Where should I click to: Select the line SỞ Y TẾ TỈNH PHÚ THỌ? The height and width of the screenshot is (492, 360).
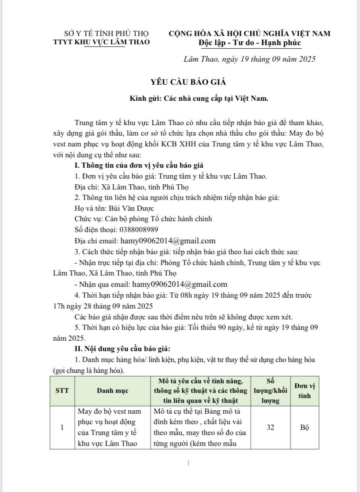(106, 33)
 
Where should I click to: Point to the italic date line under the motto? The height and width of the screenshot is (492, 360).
(249, 59)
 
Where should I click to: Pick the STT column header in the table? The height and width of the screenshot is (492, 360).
(62, 391)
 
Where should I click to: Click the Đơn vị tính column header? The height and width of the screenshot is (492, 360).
(304, 391)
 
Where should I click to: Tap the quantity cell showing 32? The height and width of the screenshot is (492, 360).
(270, 428)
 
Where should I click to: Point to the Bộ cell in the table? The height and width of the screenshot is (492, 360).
(304, 428)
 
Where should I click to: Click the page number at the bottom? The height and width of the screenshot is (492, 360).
(188, 464)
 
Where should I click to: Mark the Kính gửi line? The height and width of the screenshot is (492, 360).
(199, 98)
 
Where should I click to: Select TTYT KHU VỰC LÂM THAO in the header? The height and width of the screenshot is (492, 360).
(101, 42)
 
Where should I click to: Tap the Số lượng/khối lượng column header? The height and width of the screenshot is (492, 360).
(270, 391)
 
